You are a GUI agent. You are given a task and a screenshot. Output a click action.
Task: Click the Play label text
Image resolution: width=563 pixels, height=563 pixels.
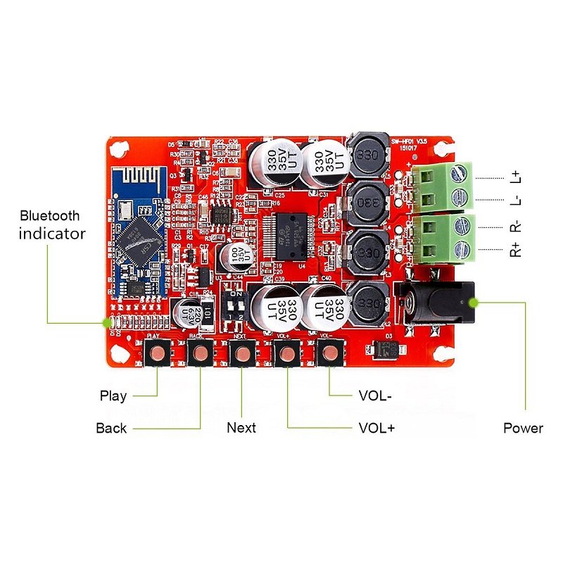(x=113, y=396)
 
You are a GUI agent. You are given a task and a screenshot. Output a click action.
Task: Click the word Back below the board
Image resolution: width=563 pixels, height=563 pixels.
(x=111, y=428)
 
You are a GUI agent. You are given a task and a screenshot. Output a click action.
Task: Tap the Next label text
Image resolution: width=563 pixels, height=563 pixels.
(x=241, y=428)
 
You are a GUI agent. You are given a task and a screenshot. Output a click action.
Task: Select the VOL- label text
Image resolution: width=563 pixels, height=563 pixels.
(x=375, y=396)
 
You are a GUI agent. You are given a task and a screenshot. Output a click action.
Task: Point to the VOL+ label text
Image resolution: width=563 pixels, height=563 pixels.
(x=377, y=428)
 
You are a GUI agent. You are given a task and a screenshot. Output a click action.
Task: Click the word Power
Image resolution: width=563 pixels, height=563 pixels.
(x=523, y=428)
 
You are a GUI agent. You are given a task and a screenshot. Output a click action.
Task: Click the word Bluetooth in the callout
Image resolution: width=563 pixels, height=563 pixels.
(x=50, y=216)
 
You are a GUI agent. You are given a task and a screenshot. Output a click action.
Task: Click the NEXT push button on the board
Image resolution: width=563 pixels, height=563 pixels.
(x=242, y=354)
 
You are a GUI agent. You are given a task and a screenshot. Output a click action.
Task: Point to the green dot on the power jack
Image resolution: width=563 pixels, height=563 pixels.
(x=474, y=302)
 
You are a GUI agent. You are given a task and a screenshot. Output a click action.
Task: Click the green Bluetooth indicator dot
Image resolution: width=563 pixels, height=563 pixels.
(x=107, y=322)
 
